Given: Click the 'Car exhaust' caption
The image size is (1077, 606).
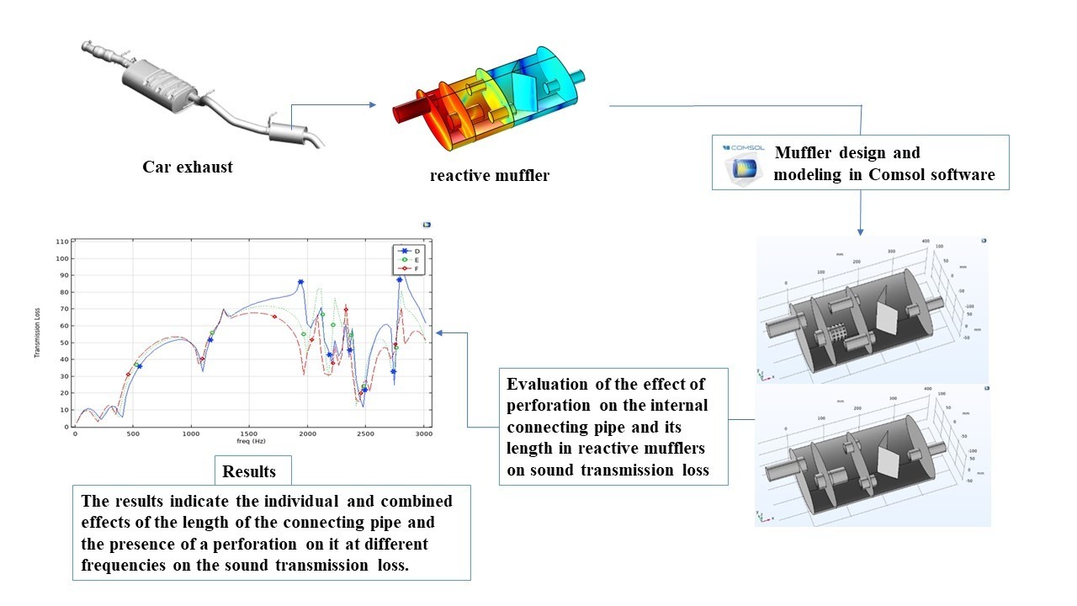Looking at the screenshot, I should [x=187, y=167].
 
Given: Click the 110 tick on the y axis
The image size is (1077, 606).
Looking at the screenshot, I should [x=61, y=242].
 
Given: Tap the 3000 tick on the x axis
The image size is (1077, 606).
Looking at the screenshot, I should [x=423, y=433].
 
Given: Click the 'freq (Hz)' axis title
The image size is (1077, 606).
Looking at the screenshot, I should [x=250, y=441].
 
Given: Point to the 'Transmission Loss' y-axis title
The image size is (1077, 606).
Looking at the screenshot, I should [x=38, y=334].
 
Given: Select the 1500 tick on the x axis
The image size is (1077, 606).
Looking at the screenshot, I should [x=249, y=433].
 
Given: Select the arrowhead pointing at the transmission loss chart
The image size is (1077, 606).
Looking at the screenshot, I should [x=440, y=332].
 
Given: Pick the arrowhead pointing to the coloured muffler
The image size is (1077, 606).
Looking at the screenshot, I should [x=371, y=105].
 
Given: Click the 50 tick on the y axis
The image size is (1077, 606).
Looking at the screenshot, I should [x=63, y=343].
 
